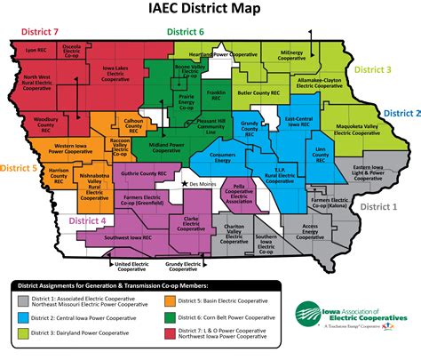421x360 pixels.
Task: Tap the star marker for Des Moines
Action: click(x=184, y=183)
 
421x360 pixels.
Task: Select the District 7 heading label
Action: click(x=36, y=32)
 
